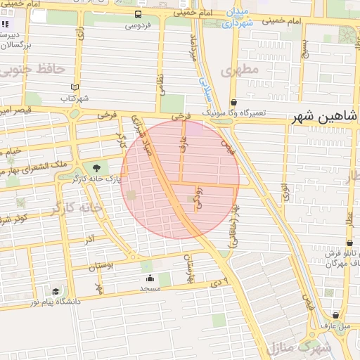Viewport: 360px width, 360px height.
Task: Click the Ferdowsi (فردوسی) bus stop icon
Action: (138, 14)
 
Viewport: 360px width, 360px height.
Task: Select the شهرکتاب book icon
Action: (75, 87)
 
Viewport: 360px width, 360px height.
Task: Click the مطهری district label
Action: (240, 70)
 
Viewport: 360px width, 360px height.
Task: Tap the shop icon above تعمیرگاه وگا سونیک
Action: (233, 102)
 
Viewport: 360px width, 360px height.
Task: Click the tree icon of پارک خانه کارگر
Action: (96, 167)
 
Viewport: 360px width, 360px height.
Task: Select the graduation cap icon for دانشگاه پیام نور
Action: (55, 291)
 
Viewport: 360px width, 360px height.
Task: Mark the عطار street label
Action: (349, 216)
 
